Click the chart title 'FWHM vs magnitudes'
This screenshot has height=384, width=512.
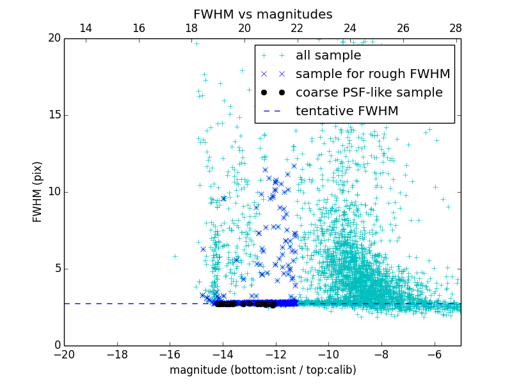click(x=262, y=14)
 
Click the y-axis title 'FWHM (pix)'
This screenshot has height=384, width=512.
click(x=38, y=191)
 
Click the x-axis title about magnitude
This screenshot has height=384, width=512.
click(x=262, y=370)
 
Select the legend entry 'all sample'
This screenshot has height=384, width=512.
click(x=328, y=56)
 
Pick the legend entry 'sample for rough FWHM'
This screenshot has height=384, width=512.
click(x=372, y=74)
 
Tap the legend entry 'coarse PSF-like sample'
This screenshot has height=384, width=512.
click(x=369, y=93)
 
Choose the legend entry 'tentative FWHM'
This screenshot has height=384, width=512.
click(x=346, y=111)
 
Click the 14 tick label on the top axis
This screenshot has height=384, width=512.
click(x=85, y=28)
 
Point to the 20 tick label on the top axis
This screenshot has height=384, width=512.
click(x=244, y=28)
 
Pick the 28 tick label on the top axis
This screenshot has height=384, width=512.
click(x=456, y=28)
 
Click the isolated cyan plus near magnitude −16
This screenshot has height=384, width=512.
click(x=175, y=256)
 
